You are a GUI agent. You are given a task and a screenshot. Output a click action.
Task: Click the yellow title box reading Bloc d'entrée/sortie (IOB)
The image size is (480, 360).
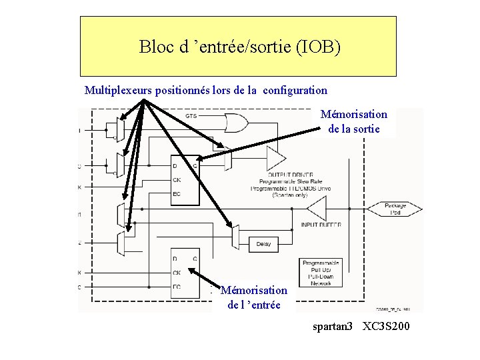point(238,47)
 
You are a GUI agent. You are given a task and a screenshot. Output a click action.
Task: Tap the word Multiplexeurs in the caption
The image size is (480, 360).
point(119,90)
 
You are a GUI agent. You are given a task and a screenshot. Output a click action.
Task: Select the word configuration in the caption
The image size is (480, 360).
point(295,90)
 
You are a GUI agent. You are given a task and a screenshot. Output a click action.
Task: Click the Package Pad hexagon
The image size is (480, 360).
point(395,209)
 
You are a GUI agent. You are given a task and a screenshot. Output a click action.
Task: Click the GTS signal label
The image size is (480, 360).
point(191,117)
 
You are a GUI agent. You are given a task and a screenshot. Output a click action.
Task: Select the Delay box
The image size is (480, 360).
point(263,244)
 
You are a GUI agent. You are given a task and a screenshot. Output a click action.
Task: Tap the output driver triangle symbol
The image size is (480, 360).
point(275,159)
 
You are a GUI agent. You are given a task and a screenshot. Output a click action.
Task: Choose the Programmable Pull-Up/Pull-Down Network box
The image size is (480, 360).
point(321,273)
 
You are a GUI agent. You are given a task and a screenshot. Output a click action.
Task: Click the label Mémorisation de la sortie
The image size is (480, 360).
point(354,121)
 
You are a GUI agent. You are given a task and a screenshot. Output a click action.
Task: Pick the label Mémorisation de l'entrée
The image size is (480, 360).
point(254,297)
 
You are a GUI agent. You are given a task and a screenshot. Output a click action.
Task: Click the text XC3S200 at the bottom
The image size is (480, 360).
point(386,327)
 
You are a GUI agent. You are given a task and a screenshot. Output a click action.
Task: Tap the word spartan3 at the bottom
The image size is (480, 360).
point(333,327)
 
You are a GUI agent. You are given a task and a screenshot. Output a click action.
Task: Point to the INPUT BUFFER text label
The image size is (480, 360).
point(321,225)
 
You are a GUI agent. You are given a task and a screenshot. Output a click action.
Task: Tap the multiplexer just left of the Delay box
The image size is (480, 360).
point(235,237)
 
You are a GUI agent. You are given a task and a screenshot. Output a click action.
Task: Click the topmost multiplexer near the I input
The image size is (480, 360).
point(120,129)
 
